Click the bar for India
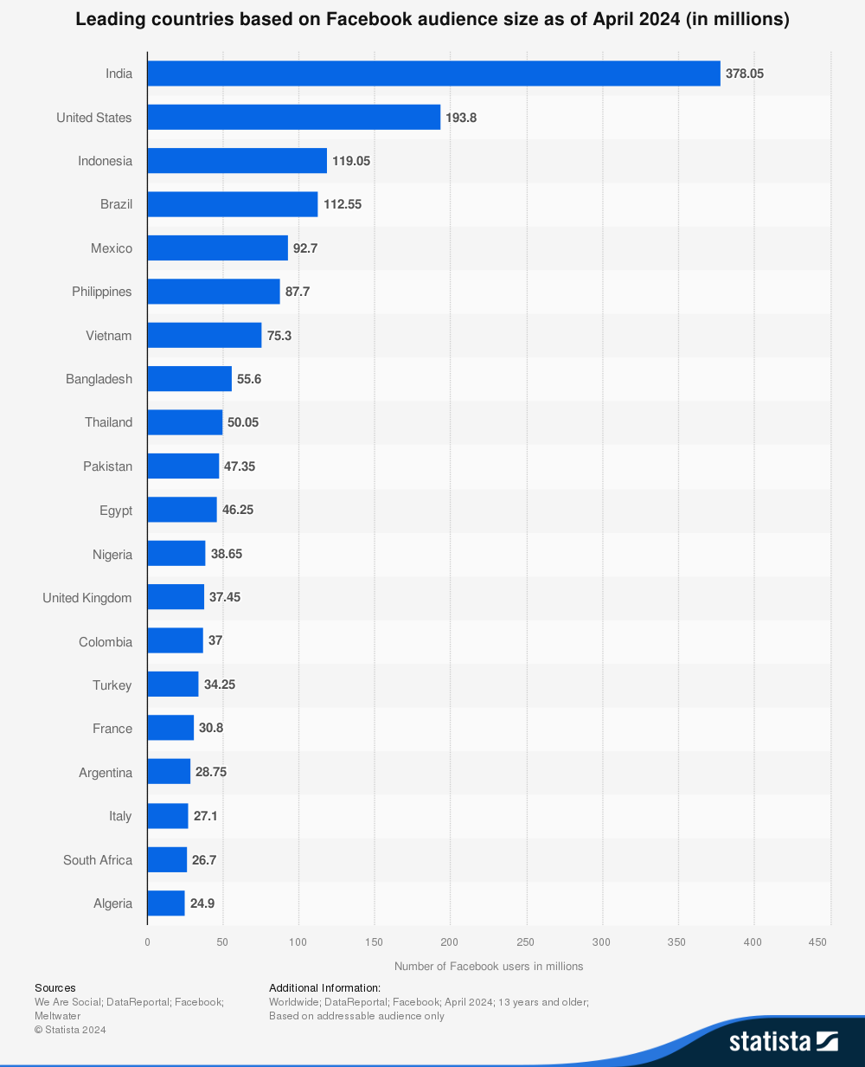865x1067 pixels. [x=433, y=74]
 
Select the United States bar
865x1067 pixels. [x=293, y=117]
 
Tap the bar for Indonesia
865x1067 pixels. [x=237, y=161]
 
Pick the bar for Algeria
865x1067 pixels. [x=166, y=903]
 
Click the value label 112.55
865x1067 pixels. [x=343, y=204]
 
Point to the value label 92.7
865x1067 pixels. [x=305, y=248]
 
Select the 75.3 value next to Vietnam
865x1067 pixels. [x=279, y=336]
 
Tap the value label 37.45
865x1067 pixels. [x=225, y=597]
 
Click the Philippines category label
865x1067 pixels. [x=102, y=292]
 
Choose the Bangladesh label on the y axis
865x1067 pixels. [x=99, y=379]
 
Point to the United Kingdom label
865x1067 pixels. [x=87, y=598]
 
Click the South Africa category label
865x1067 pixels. [x=98, y=860]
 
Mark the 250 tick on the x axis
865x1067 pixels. [x=526, y=942]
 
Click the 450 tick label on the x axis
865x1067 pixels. [x=818, y=942]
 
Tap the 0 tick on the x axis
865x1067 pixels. [x=147, y=942]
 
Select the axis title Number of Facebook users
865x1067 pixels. [x=489, y=967]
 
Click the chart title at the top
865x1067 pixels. [x=432, y=19]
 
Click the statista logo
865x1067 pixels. [x=783, y=1041]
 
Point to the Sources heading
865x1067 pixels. [x=55, y=987]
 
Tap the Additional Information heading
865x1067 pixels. [x=324, y=987]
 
